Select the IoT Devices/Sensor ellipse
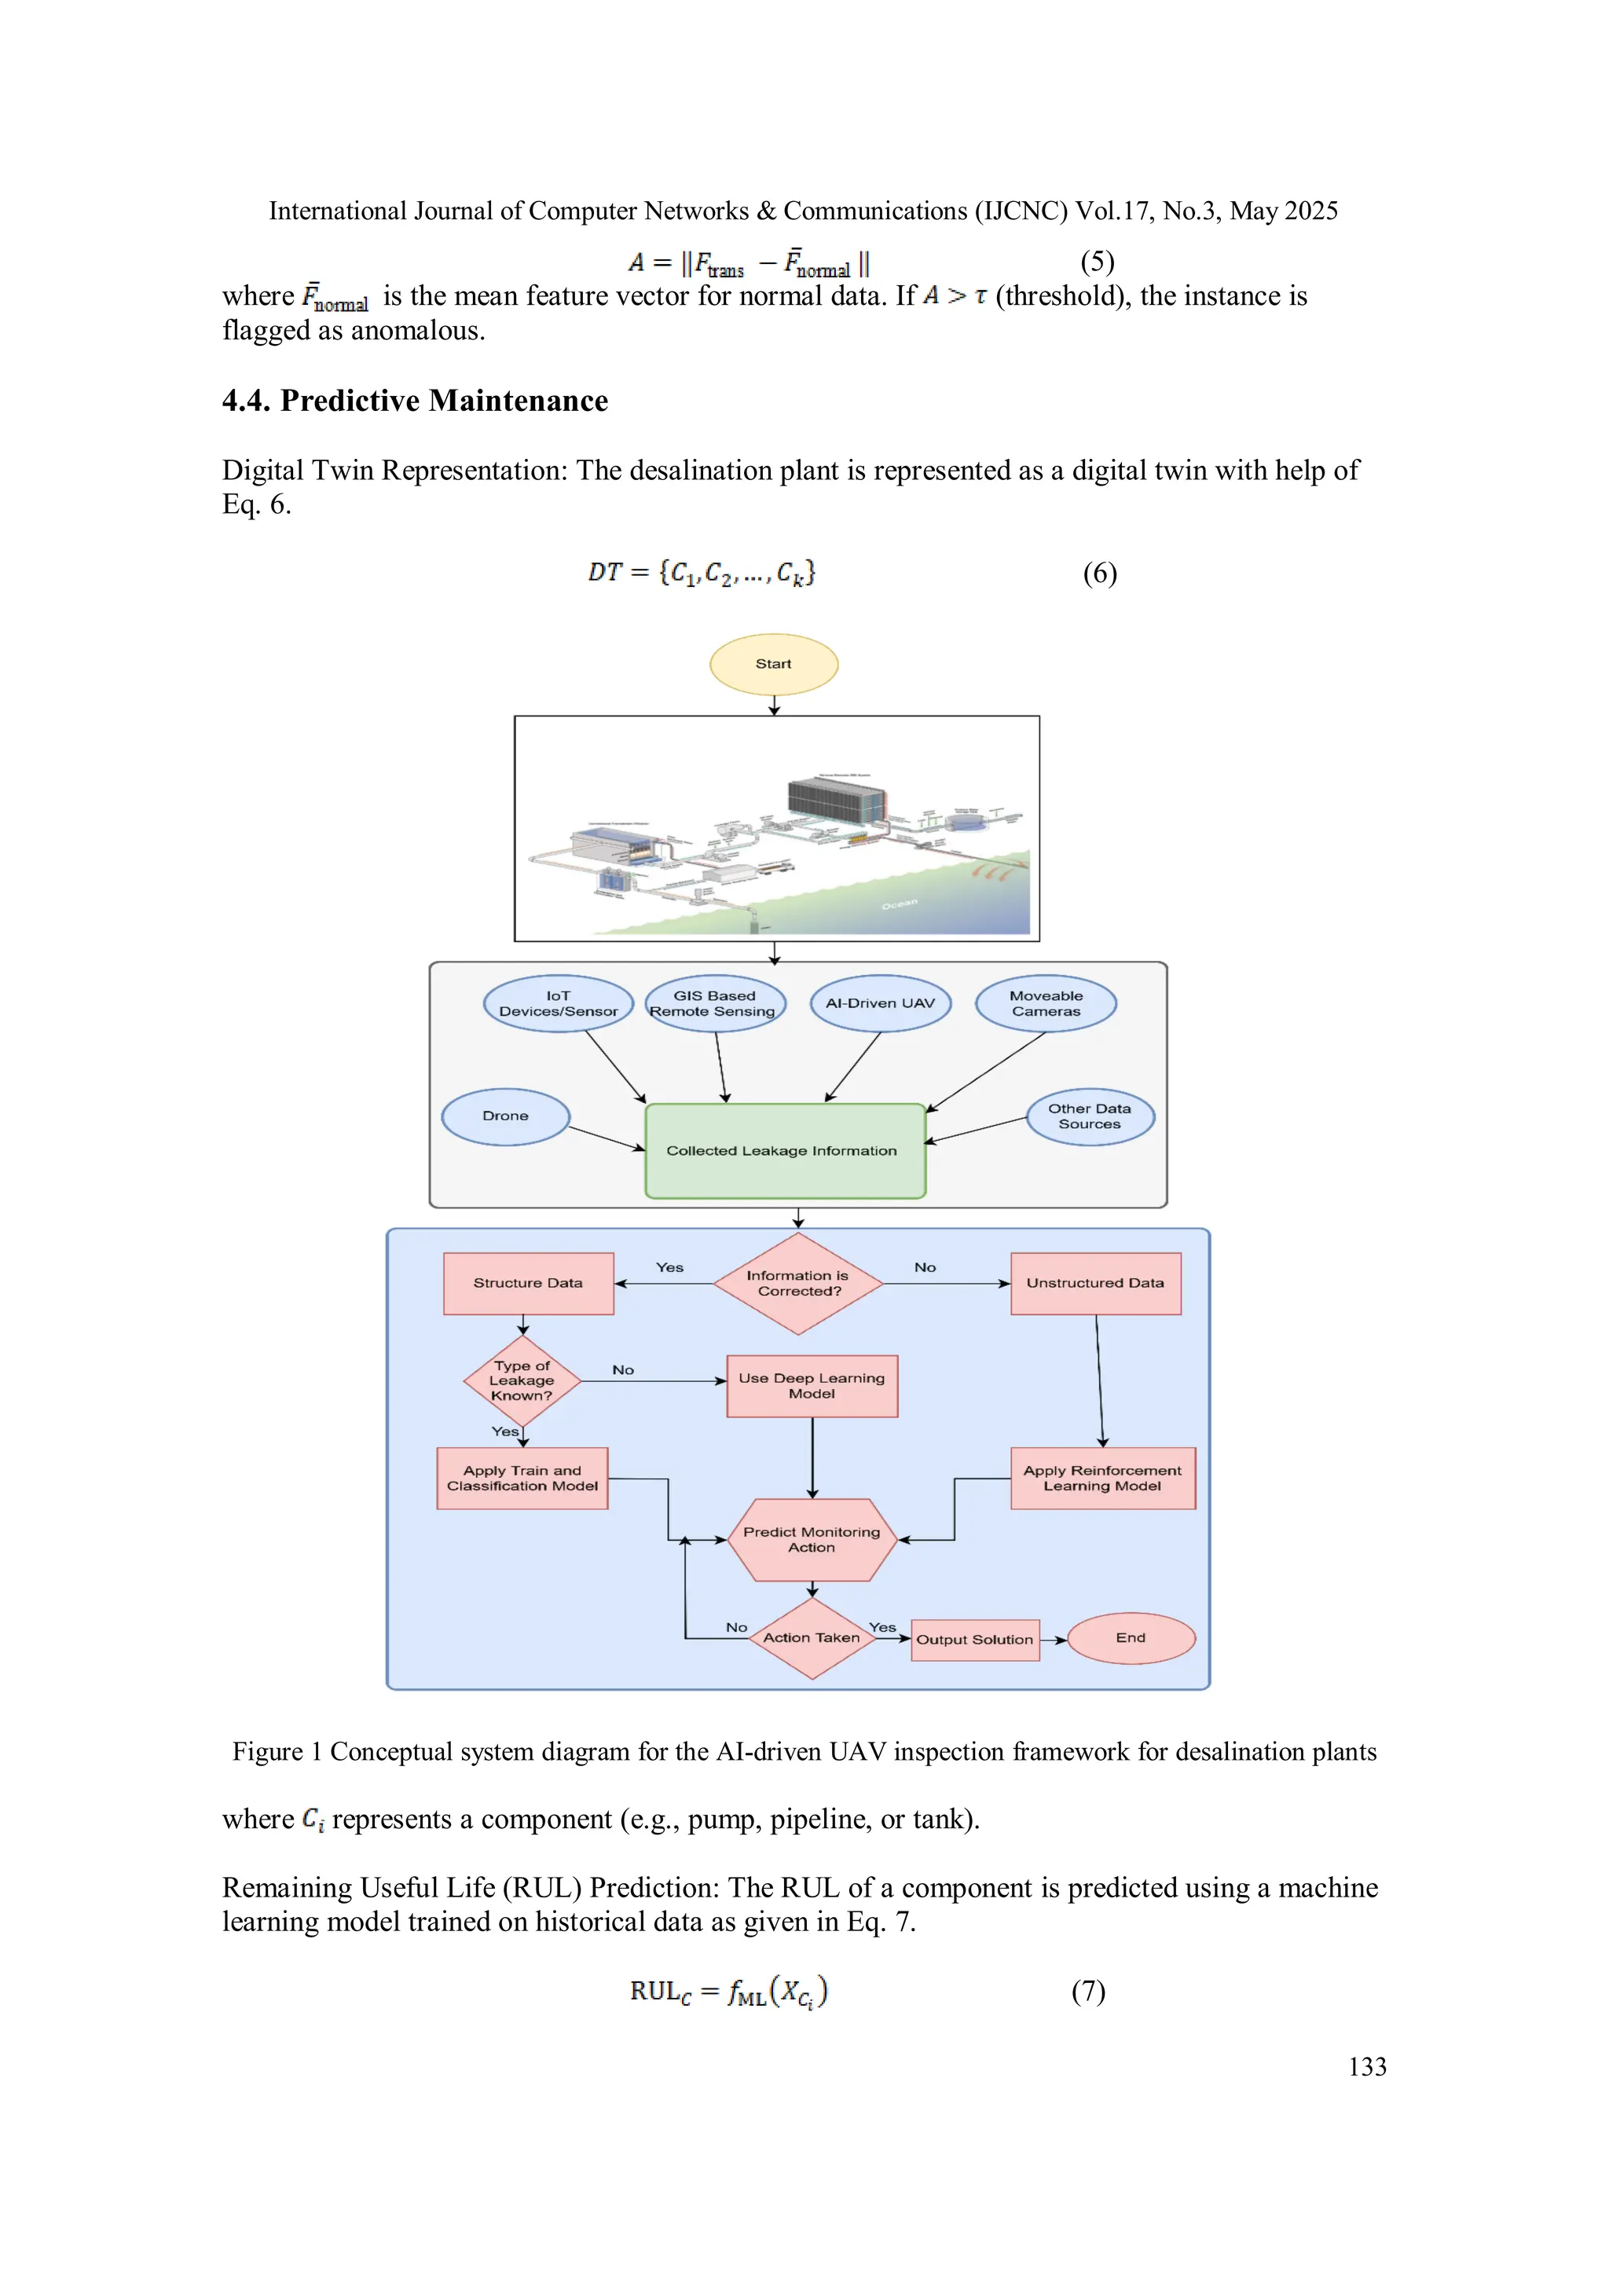point(558,1003)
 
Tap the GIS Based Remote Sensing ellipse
point(715,1003)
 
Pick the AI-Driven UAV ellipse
point(881,1003)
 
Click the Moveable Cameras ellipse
point(1046,1003)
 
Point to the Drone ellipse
point(506,1116)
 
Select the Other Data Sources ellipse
point(1090,1116)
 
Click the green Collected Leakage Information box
point(784,1151)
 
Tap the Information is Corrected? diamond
point(798,1284)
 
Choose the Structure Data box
point(529,1284)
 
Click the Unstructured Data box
point(1095,1284)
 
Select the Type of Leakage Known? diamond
point(522,1381)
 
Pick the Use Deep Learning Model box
point(812,1386)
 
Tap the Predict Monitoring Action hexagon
point(812,1540)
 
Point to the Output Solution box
point(974,1640)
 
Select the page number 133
point(1367,2066)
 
